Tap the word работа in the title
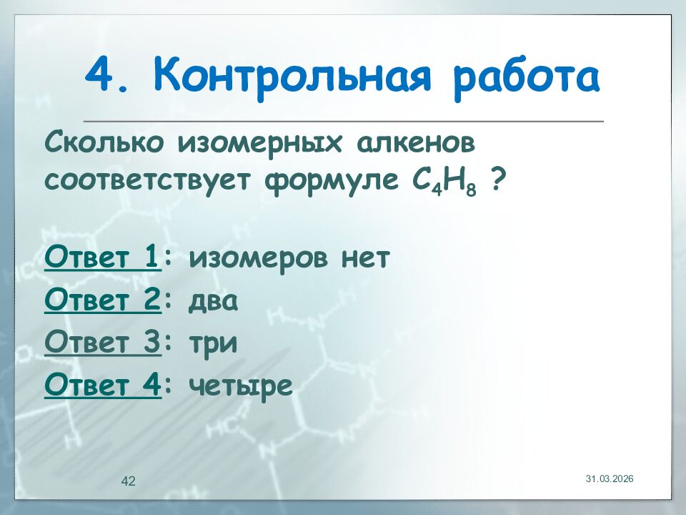coord(525,77)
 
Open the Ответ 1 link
coord(101,257)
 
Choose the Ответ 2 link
coord(101,300)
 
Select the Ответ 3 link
coord(101,343)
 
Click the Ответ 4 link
coord(101,386)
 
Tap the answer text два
coord(213,301)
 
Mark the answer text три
coord(213,344)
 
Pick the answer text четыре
coord(241,387)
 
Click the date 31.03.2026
coord(610,478)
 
